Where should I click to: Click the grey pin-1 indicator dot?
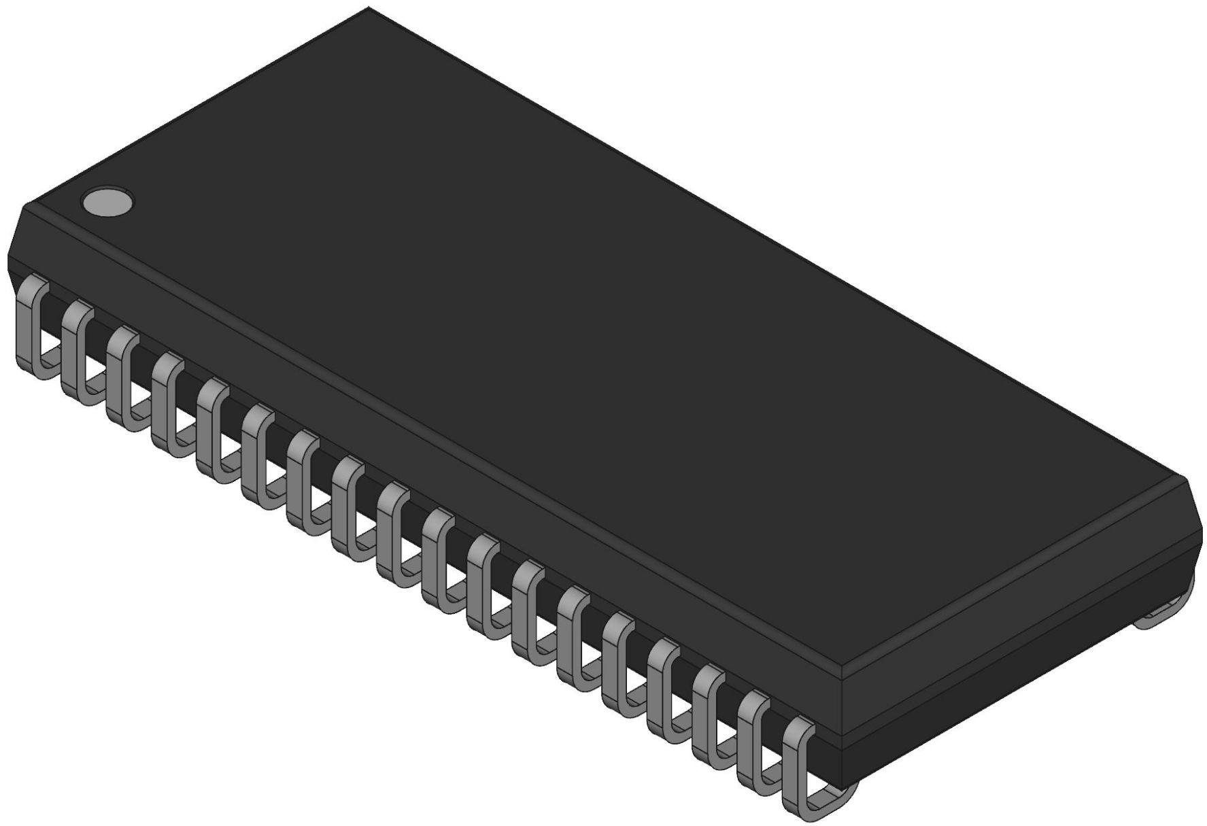(107, 202)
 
